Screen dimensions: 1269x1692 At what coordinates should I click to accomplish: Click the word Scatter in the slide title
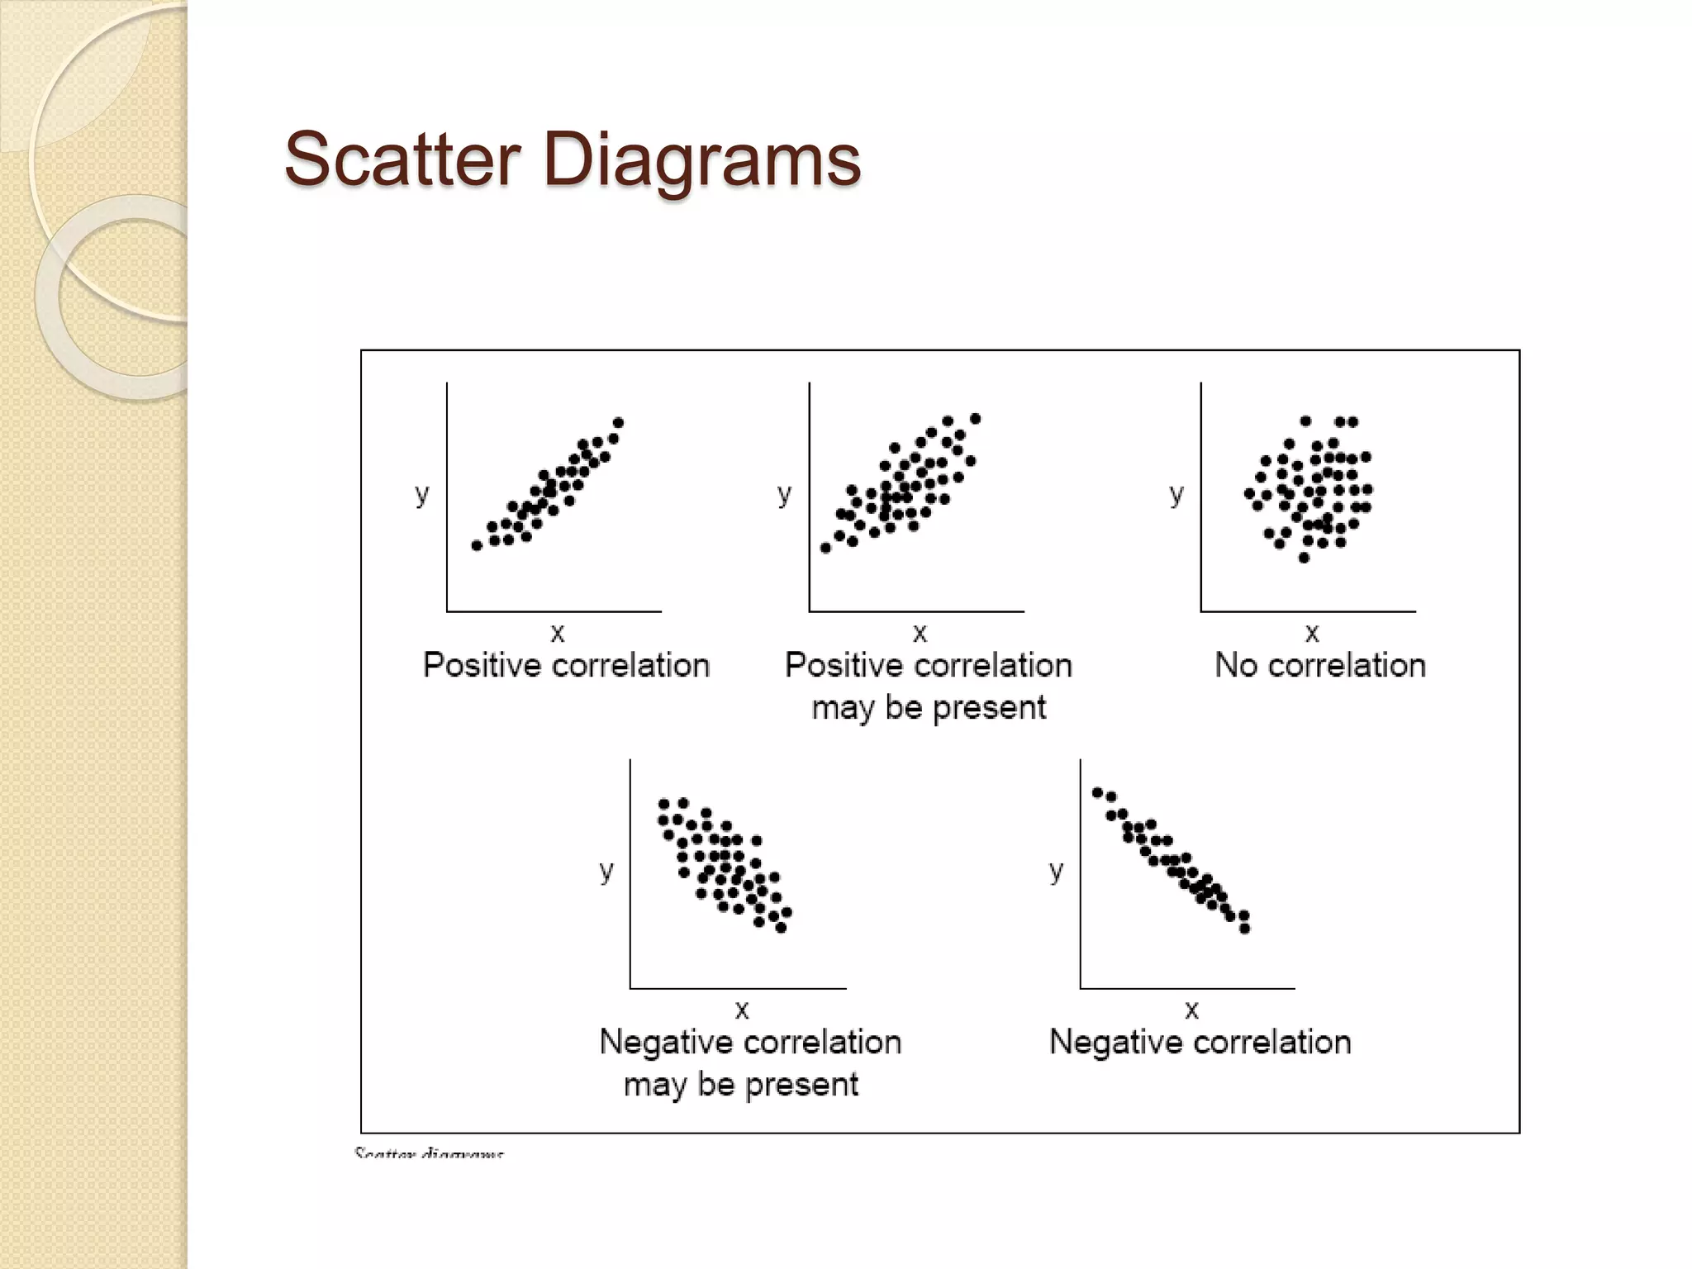pos(402,159)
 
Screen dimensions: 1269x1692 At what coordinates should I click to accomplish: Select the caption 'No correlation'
pos(1319,665)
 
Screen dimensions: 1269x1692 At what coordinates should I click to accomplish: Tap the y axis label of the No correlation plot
pos(1176,494)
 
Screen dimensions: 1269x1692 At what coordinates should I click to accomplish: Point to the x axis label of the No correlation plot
pos(1312,634)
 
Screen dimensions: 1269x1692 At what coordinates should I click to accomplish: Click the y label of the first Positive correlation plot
pos(422,494)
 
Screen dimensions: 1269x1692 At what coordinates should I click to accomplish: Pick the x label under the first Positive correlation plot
pos(558,634)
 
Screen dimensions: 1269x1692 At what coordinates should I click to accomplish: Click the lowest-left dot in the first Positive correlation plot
pos(477,545)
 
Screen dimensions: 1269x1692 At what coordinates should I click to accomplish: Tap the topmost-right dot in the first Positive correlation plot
pos(618,423)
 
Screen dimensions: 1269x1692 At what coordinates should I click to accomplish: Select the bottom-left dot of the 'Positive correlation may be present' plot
pos(825,548)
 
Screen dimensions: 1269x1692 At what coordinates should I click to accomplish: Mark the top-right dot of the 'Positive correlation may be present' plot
pos(975,419)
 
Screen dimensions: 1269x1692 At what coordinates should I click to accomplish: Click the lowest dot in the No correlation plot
pos(1304,558)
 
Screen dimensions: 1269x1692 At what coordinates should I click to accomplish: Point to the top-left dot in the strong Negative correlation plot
pos(1097,792)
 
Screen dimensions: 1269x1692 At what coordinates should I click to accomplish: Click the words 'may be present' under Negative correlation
pos(741,1084)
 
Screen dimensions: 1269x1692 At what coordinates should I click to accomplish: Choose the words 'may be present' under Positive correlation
pos(929,707)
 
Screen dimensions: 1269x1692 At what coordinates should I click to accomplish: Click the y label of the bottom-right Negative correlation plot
pos(1056,870)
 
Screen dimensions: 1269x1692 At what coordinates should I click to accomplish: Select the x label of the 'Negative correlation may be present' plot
pos(742,1010)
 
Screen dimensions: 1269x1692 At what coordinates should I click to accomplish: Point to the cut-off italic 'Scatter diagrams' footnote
pos(429,1153)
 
